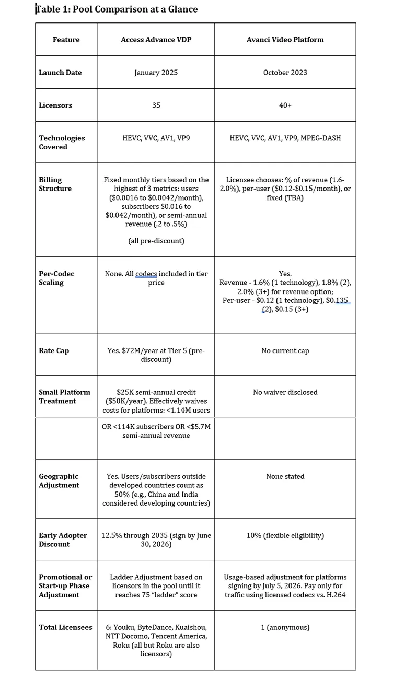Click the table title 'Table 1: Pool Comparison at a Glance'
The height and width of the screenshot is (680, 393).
117,9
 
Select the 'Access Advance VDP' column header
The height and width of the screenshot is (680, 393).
156,40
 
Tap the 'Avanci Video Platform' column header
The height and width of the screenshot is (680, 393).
285,40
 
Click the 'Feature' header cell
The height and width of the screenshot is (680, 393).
66,40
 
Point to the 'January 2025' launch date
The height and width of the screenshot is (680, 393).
156,73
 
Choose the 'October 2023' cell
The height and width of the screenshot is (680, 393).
285,73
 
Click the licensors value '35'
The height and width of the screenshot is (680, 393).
156,105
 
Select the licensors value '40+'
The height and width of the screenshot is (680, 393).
285,105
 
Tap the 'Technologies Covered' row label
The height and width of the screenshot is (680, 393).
61,143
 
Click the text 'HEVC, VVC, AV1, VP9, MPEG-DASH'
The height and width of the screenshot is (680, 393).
285,138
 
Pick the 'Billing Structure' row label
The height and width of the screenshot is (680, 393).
55,184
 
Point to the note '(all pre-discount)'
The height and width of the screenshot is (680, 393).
156,241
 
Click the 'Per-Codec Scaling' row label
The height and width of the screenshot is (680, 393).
56,278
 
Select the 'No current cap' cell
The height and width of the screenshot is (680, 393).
285,351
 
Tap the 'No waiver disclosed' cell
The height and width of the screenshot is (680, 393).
285,392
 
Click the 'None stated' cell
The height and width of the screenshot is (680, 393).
285,476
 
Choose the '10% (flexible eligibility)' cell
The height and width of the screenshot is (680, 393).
285,535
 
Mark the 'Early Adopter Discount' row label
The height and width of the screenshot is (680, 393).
63,540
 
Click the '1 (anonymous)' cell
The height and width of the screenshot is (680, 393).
285,627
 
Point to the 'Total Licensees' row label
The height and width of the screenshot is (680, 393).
65,627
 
